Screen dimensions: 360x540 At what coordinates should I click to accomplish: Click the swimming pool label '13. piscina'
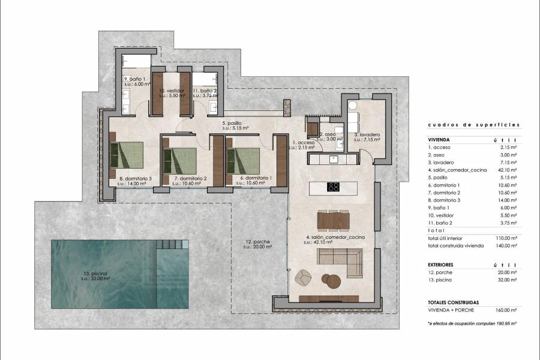[96, 275]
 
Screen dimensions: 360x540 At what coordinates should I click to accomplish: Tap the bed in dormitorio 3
[127, 155]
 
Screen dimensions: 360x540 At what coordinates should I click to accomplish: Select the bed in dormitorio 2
[180, 160]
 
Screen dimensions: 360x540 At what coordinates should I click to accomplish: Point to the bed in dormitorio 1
[242, 160]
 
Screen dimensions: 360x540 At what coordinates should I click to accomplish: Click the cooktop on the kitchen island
[334, 187]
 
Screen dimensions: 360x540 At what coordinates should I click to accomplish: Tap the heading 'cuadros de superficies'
[473, 125]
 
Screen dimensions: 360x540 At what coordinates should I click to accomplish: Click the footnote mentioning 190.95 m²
[472, 323]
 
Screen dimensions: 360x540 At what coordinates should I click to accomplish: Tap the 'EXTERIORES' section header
[441, 264]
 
